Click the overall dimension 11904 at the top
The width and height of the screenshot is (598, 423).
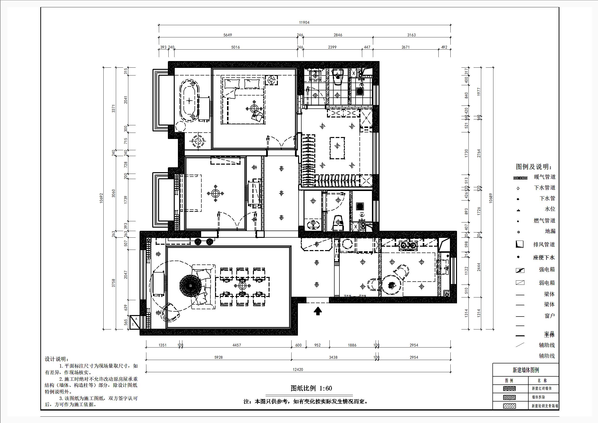click(x=304, y=23)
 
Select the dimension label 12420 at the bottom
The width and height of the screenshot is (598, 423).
click(x=298, y=369)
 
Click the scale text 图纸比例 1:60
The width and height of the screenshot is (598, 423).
click(x=311, y=388)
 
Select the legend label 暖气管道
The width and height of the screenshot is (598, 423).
click(x=544, y=177)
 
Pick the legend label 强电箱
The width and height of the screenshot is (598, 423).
click(x=547, y=270)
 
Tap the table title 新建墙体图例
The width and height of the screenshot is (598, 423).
click(x=526, y=370)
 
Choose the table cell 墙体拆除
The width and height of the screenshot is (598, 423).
click(x=538, y=397)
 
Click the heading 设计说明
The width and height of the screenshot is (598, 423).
click(x=56, y=359)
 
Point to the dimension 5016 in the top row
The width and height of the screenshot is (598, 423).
click(x=235, y=47)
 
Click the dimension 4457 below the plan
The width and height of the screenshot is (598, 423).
click(x=237, y=345)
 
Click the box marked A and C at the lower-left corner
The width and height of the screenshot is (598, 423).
click(x=135, y=322)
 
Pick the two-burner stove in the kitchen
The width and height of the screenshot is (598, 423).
click(x=408, y=245)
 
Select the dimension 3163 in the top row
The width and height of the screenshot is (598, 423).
click(x=411, y=35)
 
